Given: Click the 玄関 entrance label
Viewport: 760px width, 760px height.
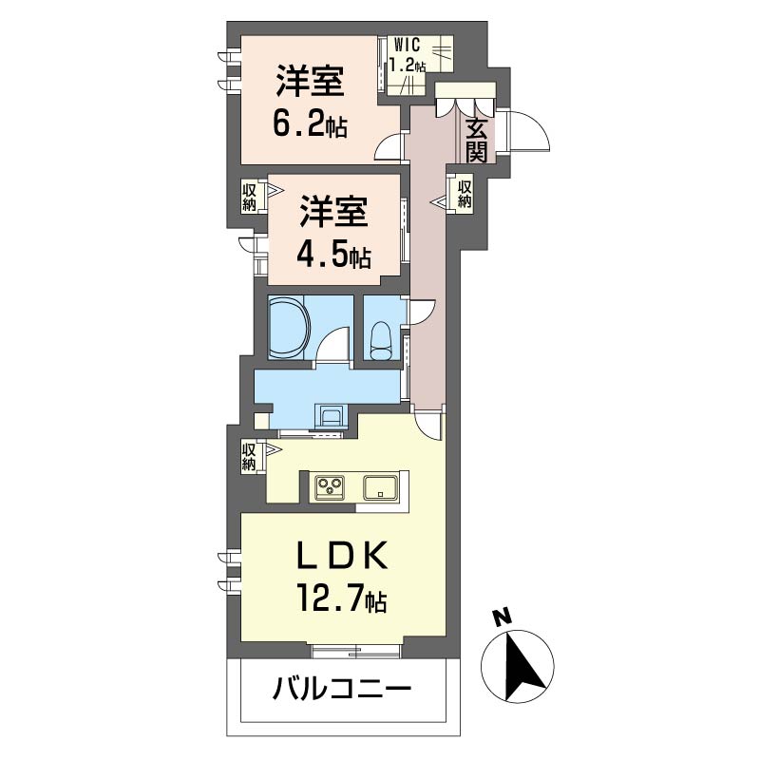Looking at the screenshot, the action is coord(477,141).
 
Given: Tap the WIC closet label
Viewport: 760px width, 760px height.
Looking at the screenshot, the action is coord(408,46).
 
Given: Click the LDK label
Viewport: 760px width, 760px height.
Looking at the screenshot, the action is coord(343,556).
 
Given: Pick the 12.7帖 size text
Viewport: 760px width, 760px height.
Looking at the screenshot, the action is coord(342,600).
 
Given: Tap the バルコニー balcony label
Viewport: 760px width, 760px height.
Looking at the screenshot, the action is coord(342,689).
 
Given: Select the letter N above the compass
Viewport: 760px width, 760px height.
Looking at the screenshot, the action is coord(502,617).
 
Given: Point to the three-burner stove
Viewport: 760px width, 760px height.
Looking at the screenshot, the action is coord(330,487).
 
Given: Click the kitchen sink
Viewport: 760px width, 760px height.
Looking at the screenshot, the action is coord(381,487).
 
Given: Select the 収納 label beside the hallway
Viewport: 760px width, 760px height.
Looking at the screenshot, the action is coord(465,195).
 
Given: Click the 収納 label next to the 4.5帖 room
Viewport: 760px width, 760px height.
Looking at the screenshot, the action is coord(249,197).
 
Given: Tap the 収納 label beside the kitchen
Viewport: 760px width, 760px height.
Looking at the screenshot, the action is coord(249,457).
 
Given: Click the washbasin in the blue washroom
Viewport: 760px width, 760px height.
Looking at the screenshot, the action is coord(332,415).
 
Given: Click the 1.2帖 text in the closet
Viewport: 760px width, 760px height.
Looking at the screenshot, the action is coord(408,65).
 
